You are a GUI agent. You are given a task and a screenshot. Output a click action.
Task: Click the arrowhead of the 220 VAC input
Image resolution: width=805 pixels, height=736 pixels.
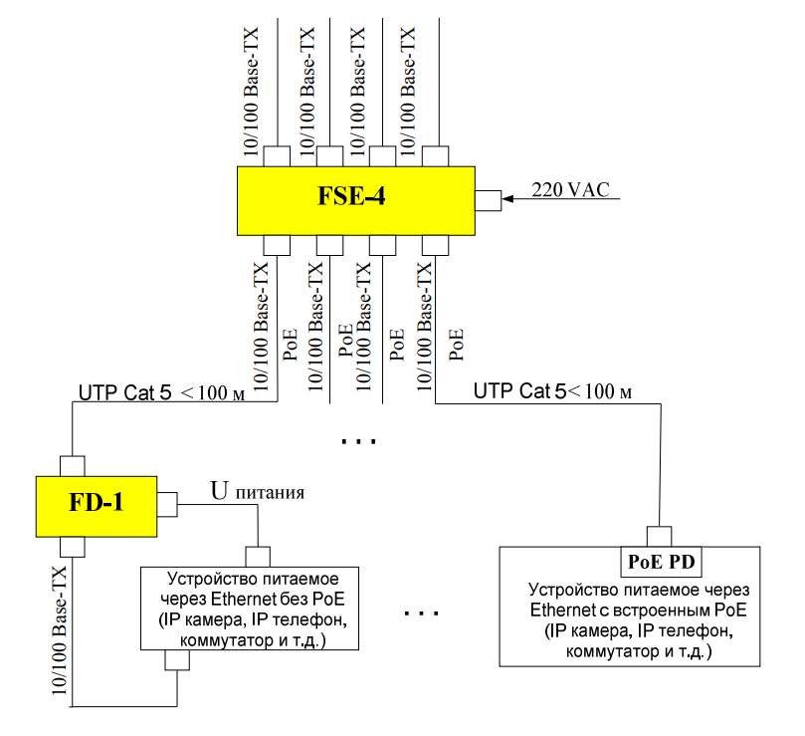click(x=507, y=200)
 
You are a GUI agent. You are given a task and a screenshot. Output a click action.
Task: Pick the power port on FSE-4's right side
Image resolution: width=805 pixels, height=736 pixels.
click(x=488, y=200)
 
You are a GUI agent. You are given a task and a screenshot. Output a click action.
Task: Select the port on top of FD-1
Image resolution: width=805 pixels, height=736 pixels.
click(x=72, y=465)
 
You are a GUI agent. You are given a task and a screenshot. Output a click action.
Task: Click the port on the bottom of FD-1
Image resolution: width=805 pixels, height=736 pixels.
click(x=72, y=546)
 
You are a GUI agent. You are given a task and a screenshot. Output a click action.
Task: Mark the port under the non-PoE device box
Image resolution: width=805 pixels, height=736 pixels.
click(x=176, y=660)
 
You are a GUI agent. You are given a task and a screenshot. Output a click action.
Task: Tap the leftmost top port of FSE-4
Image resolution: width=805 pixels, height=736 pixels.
click(x=276, y=156)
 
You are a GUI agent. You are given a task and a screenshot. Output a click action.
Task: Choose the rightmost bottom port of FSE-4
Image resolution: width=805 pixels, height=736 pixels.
click(x=435, y=245)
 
